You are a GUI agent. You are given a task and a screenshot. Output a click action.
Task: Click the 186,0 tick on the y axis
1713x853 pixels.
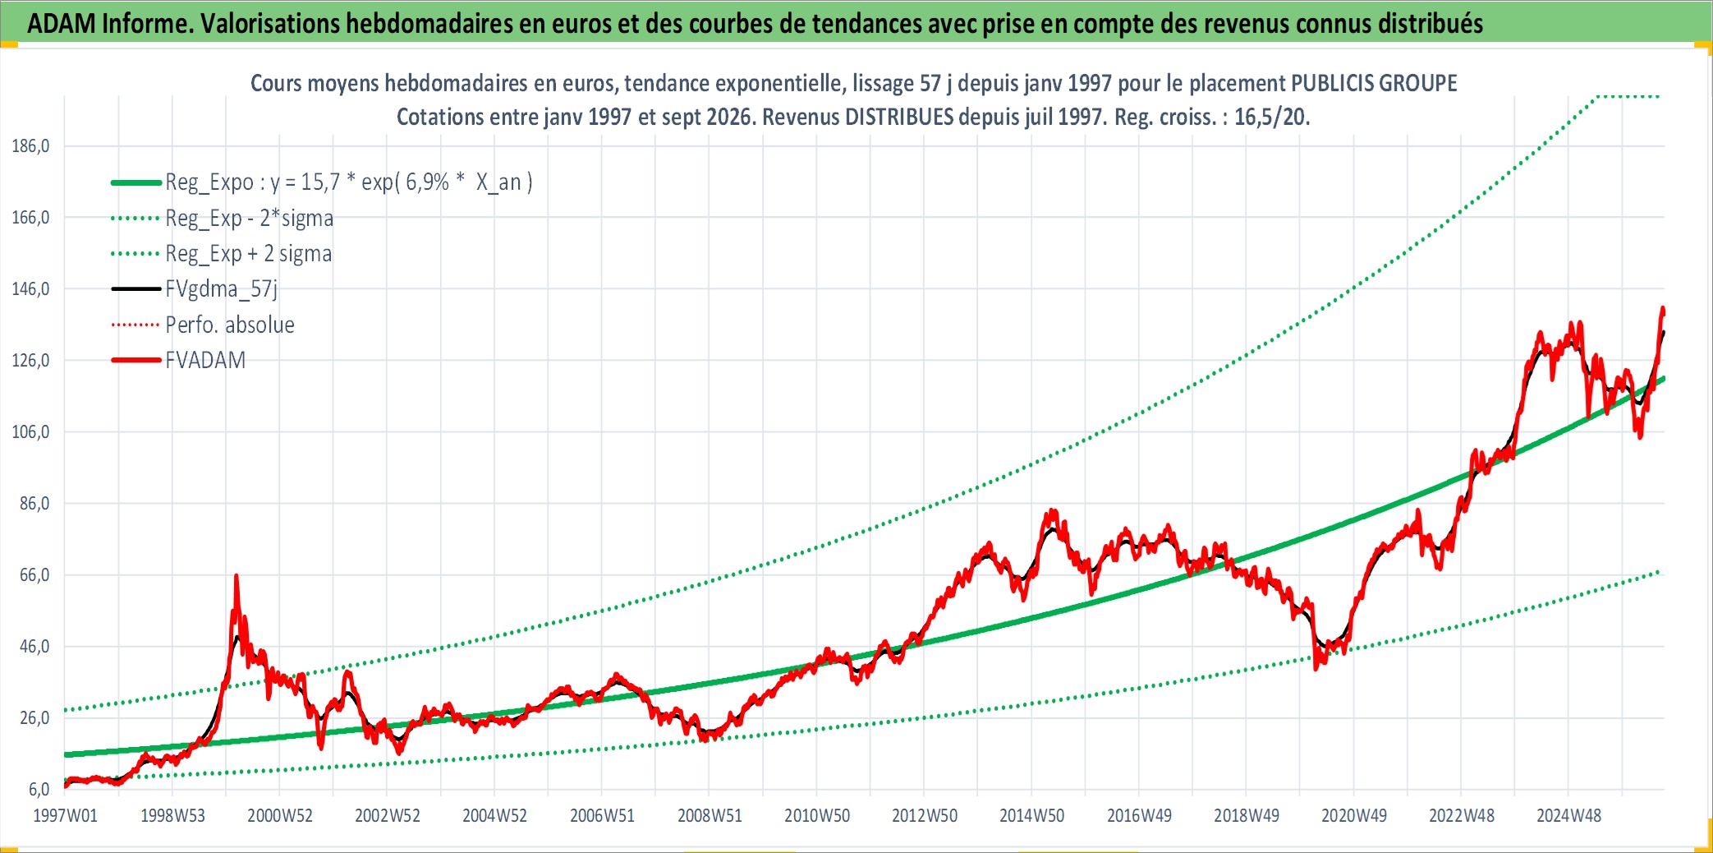click(x=30, y=146)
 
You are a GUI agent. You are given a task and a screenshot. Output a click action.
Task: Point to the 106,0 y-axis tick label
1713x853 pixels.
click(x=30, y=432)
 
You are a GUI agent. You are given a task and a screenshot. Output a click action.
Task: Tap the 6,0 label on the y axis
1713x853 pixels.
click(x=39, y=790)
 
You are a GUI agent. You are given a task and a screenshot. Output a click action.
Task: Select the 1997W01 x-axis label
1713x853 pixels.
click(x=65, y=816)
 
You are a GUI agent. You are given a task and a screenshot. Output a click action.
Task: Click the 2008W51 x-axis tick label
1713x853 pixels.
click(x=710, y=816)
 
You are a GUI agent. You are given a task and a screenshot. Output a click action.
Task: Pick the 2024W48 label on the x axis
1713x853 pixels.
click(x=1568, y=816)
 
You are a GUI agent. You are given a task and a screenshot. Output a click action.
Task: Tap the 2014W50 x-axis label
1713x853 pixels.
click(x=1031, y=816)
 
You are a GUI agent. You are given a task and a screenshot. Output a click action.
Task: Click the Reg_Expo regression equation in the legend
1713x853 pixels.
click(x=349, y=182)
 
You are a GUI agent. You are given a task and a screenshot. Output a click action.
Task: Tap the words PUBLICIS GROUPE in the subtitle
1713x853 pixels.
click(x=1374, y=83)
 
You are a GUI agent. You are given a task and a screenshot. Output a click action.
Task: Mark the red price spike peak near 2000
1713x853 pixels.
click(x=237, y=576)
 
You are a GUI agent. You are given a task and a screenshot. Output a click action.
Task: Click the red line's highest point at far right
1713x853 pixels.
click(x=1663, y=308)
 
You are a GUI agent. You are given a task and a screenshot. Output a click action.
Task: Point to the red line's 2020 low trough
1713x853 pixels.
click(x=1316, y=668)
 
